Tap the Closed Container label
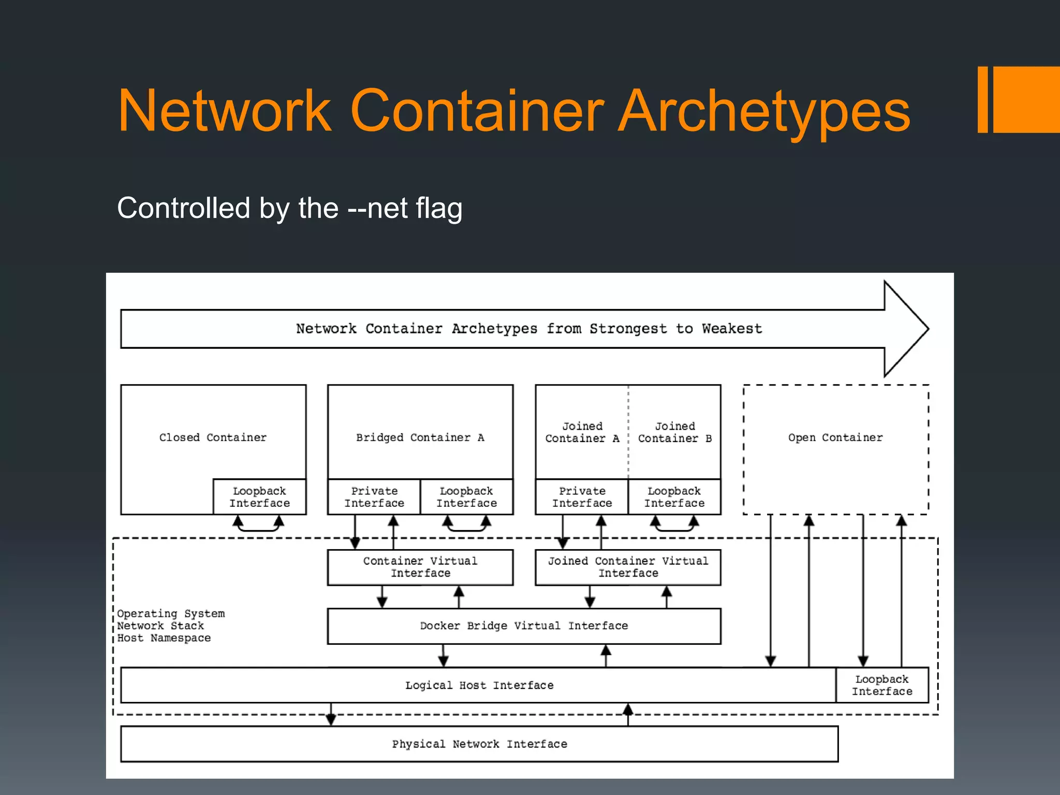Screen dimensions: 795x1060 213,437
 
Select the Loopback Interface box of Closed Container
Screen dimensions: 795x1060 259,497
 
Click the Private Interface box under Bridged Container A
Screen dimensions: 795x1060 374,497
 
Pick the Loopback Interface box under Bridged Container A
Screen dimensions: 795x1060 466,497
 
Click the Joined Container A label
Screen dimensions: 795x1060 582,432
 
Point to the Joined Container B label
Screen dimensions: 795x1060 674,432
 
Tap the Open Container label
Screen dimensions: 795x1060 835,437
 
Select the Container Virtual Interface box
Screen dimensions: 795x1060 420,567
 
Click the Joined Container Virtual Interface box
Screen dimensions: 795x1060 628,567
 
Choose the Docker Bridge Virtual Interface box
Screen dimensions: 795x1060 524,626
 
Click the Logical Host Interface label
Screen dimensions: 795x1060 479,685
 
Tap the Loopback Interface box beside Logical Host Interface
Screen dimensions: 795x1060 882,685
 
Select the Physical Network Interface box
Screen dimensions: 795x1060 479,744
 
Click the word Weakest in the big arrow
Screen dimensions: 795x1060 732,329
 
